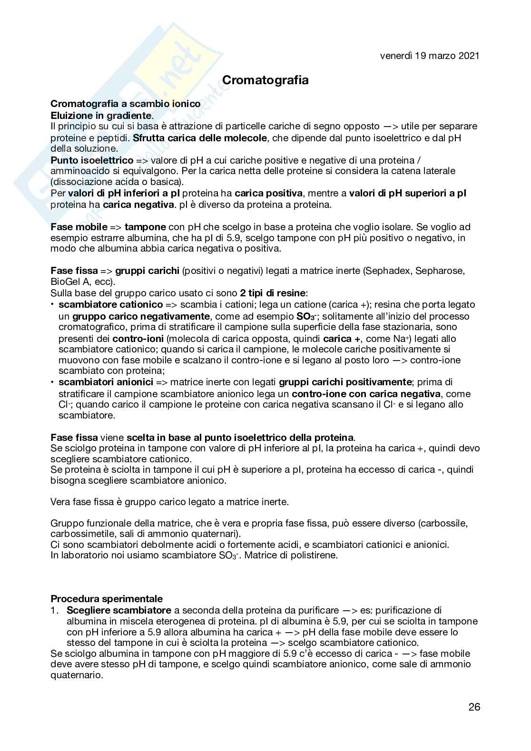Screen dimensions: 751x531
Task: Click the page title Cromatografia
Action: tap(265, 80)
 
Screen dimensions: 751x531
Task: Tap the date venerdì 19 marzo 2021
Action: tap(429, 56)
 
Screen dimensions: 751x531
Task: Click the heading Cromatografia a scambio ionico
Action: tap(125, 104)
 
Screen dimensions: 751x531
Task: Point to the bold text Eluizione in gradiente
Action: tap(101, 115)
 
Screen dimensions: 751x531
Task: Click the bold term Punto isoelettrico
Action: tap(92, 160)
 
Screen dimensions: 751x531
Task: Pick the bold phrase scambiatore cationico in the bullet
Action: tap(110, 304)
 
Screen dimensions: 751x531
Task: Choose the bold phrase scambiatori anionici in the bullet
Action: tap(106, 382)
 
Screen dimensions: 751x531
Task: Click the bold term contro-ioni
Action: tap(134, 339)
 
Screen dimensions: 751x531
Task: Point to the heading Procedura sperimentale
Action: tap(107, 599)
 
